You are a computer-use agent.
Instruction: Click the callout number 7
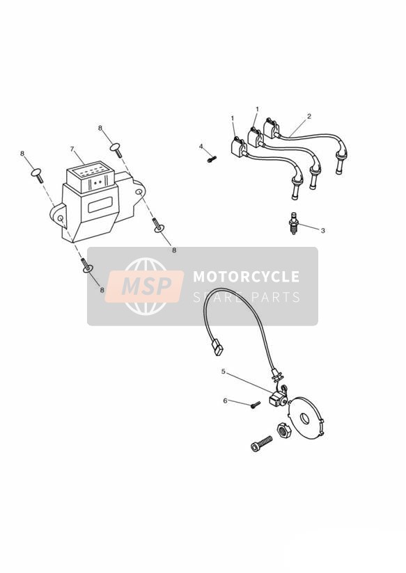coord(72,149)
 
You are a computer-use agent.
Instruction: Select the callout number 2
coord(309,116)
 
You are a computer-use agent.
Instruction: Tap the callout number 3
coord(322,231)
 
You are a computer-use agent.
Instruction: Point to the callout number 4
coord(201,147)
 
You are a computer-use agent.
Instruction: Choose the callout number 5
coord(224,371)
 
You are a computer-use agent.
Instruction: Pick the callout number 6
coord(225,401)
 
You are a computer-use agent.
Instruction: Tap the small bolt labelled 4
coord(212,159)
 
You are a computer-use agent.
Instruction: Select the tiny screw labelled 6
coord(256,405)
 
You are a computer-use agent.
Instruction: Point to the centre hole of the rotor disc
coord(304,419)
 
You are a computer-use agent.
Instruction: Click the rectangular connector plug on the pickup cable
coord(217,347)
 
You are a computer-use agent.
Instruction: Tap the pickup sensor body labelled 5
coord(279,399)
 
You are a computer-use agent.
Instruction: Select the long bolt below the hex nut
coord(261,443)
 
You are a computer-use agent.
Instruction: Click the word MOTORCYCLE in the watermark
coord(246,277)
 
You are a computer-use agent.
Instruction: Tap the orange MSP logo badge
coord(144,286)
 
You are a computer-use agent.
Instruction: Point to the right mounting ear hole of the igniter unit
coord(139,192)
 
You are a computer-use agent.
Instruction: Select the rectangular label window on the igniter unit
coord(100,204)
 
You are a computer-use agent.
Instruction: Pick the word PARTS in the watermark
coord(275,297)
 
